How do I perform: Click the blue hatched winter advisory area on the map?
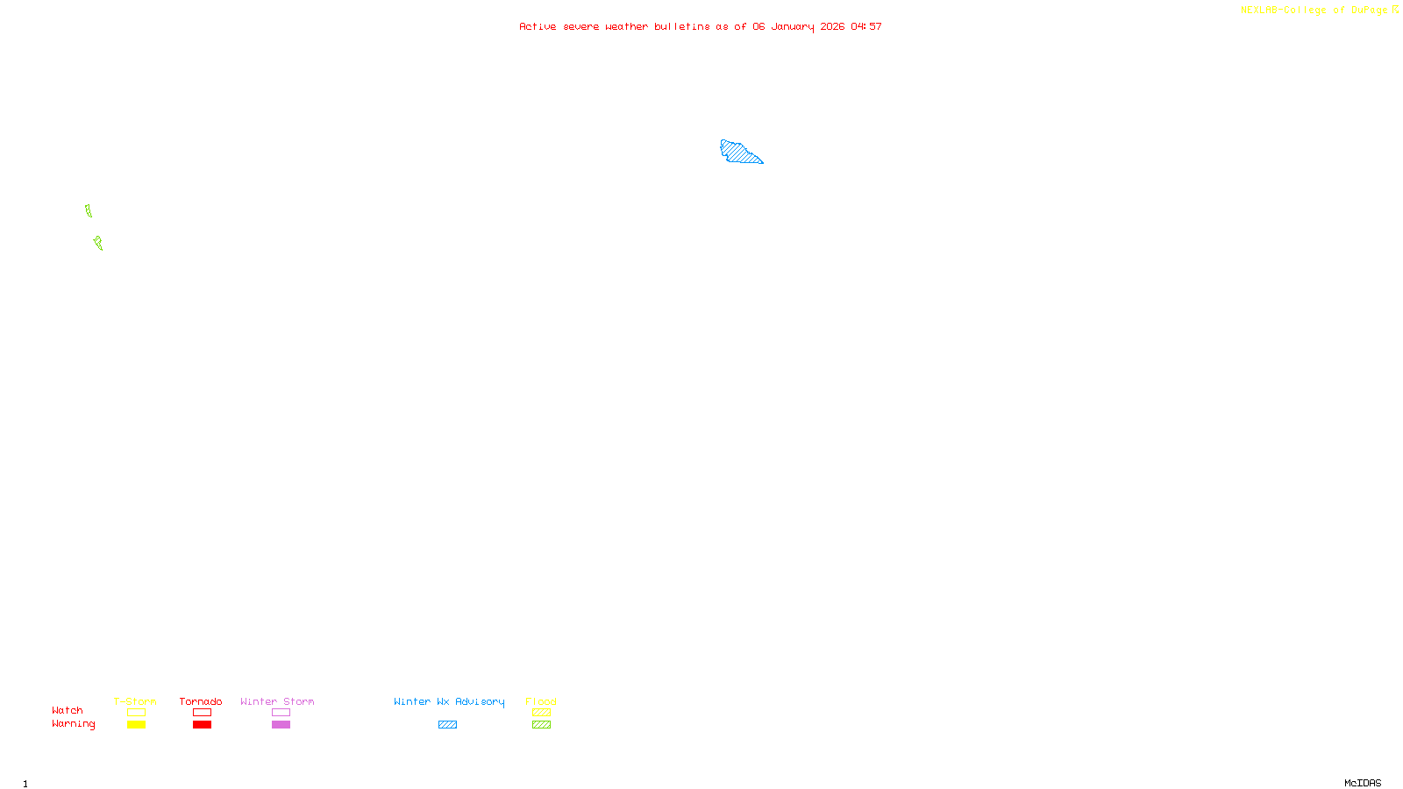pos(738,153)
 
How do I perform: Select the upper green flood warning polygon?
pos(89,210)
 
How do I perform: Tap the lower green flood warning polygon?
pos(98,243)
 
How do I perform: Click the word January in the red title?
pos(793,26)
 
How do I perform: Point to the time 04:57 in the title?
pos(866,26)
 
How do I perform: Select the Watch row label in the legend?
pos(68,710)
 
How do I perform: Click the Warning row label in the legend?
pos(73,724)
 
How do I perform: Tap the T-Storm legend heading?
pos(135,701)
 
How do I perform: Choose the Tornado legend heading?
pos(201,701)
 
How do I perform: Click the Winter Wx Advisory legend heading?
pos(449,701)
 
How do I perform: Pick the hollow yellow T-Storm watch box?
pos(136,713)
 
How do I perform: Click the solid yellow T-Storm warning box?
pos(136,725)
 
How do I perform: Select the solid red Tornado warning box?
pos(202,725)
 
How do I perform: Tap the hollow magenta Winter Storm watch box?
pos(281,713)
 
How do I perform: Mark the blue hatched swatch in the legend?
pos(447,725)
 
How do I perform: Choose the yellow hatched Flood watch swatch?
pos(541,713)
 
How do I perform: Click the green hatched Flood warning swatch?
pos(541,725)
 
